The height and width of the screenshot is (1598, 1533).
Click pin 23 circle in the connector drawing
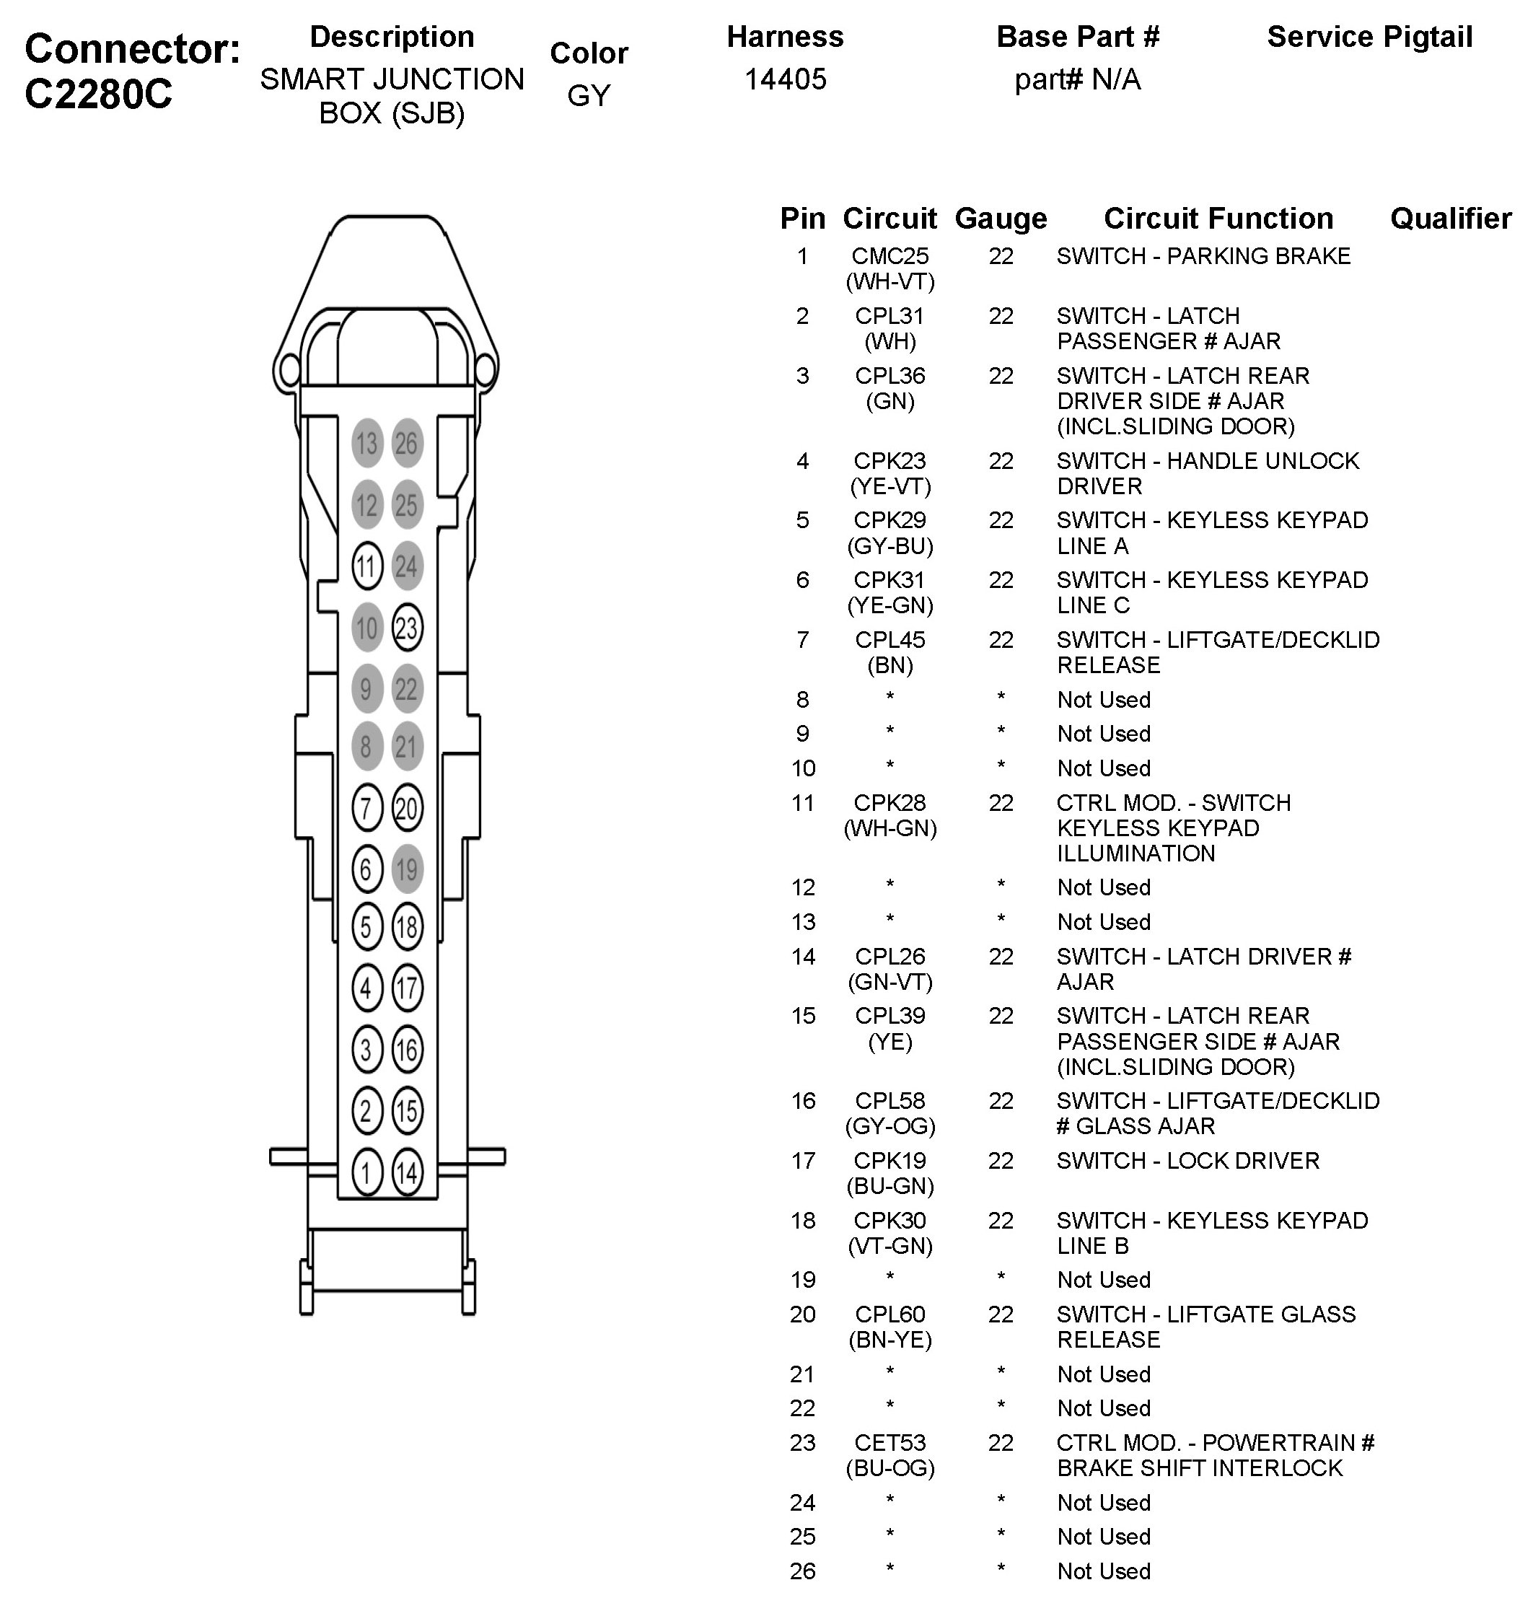[x=407, y=628]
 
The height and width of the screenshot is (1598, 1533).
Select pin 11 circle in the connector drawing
[x=367, y=566]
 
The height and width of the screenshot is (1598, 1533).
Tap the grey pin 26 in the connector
[x=407, y=444]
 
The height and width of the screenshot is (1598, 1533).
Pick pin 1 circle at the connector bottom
[x=367, y=1172]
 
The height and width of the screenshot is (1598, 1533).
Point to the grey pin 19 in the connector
[x=407, y=869]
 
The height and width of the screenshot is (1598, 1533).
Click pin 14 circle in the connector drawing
[x=407, y=1172]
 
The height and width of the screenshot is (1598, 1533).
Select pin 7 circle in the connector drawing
[x=367, y=808]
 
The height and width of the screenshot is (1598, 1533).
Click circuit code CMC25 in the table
[x=890, y=256]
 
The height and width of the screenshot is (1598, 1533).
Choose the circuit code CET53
[x=890, y=1442]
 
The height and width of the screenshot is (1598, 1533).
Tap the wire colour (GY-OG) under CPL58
[x=890, y=1126]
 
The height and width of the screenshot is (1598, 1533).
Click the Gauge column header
[x=1001, y=219]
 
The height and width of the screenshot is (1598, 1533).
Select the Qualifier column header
[x=1450, y=219]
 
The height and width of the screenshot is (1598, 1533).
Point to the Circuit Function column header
[x=1218, y=219]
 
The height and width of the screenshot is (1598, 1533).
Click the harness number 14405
[x=785, y=79]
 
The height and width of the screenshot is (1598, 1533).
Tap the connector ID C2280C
[x=99, y=95]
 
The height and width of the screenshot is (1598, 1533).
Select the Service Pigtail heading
[x=1369, y=37]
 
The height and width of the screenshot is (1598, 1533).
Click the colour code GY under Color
[x=589, y=95]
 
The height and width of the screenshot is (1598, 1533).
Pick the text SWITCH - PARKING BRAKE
[x=1203, y=256]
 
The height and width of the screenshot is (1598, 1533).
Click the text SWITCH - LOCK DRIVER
[x=1187, y=1160]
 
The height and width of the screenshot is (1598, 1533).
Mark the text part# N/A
[x=1077, y=79]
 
